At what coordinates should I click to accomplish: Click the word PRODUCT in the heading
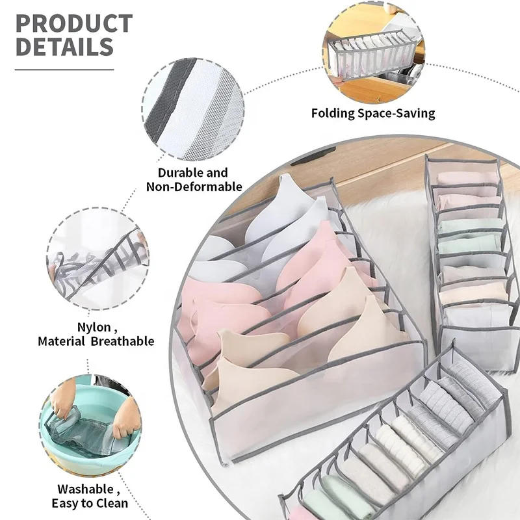click(x=73, y=23)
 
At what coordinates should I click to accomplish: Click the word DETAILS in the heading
click(x=64, y=47)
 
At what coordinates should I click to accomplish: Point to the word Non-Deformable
click(x=194, y=187)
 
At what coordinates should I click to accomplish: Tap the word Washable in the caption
click(x=84, y=488)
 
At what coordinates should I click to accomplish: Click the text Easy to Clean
click(x=90, y=502)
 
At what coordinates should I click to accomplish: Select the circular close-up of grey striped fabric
click(x=193, y=110)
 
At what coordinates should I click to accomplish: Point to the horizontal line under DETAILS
click(x=64, y=68)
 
